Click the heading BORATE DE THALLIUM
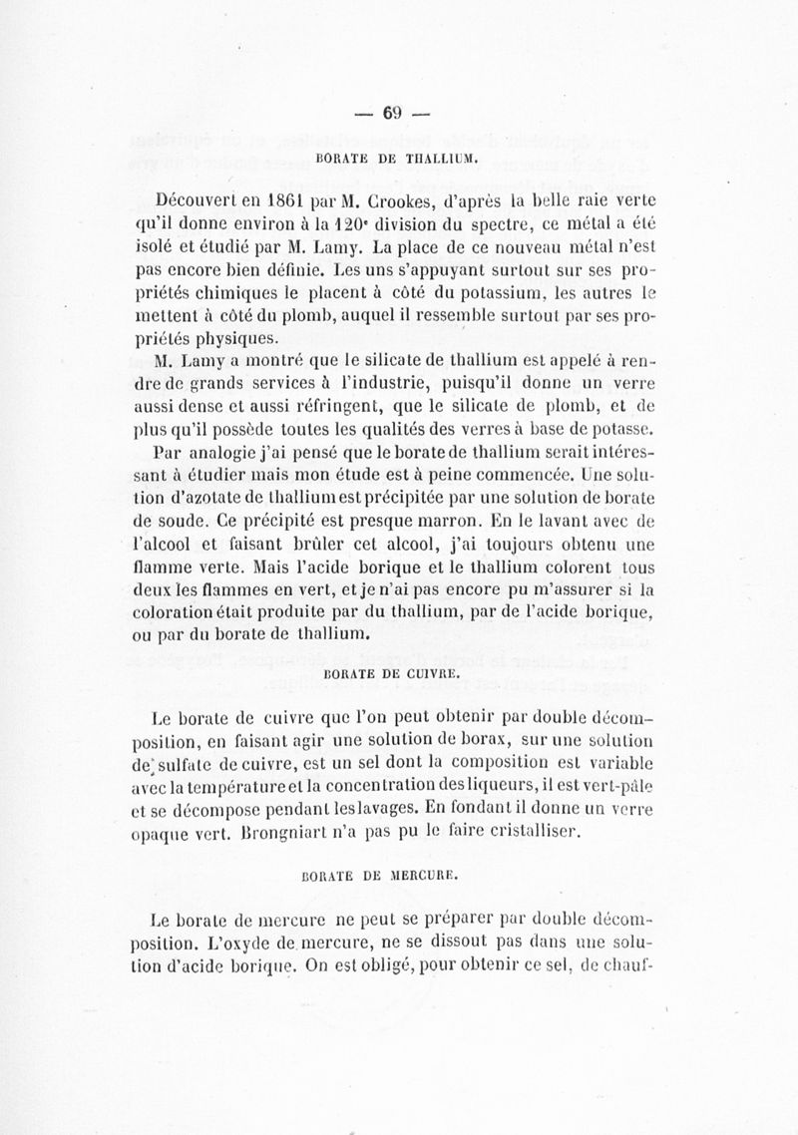coord(399,157)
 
